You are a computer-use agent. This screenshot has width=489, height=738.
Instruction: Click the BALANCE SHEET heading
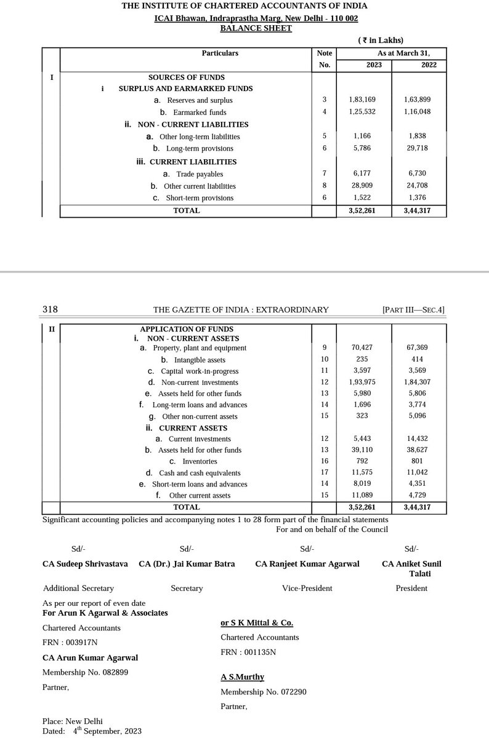pyautogui.click(x=256, y=28)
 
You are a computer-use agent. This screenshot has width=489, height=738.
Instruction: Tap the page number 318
pyautogui.click(x=50, y=309)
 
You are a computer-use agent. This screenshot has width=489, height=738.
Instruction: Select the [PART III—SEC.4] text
pyautogui.click(x=413, y=309)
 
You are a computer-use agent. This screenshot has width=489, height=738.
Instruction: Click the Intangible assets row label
pyautogui.click(x=193, y=360)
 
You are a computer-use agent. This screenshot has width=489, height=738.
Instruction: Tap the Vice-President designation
pyautogui.click(x=307, y=588)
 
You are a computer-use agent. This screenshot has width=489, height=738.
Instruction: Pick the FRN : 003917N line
pyautogui.click(x=70, y=643)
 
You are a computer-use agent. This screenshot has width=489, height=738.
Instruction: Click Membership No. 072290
pyautogui.click(x=264, y=692)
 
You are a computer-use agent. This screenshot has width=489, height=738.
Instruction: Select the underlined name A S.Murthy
pyautogui.click(x=243, y=676)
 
